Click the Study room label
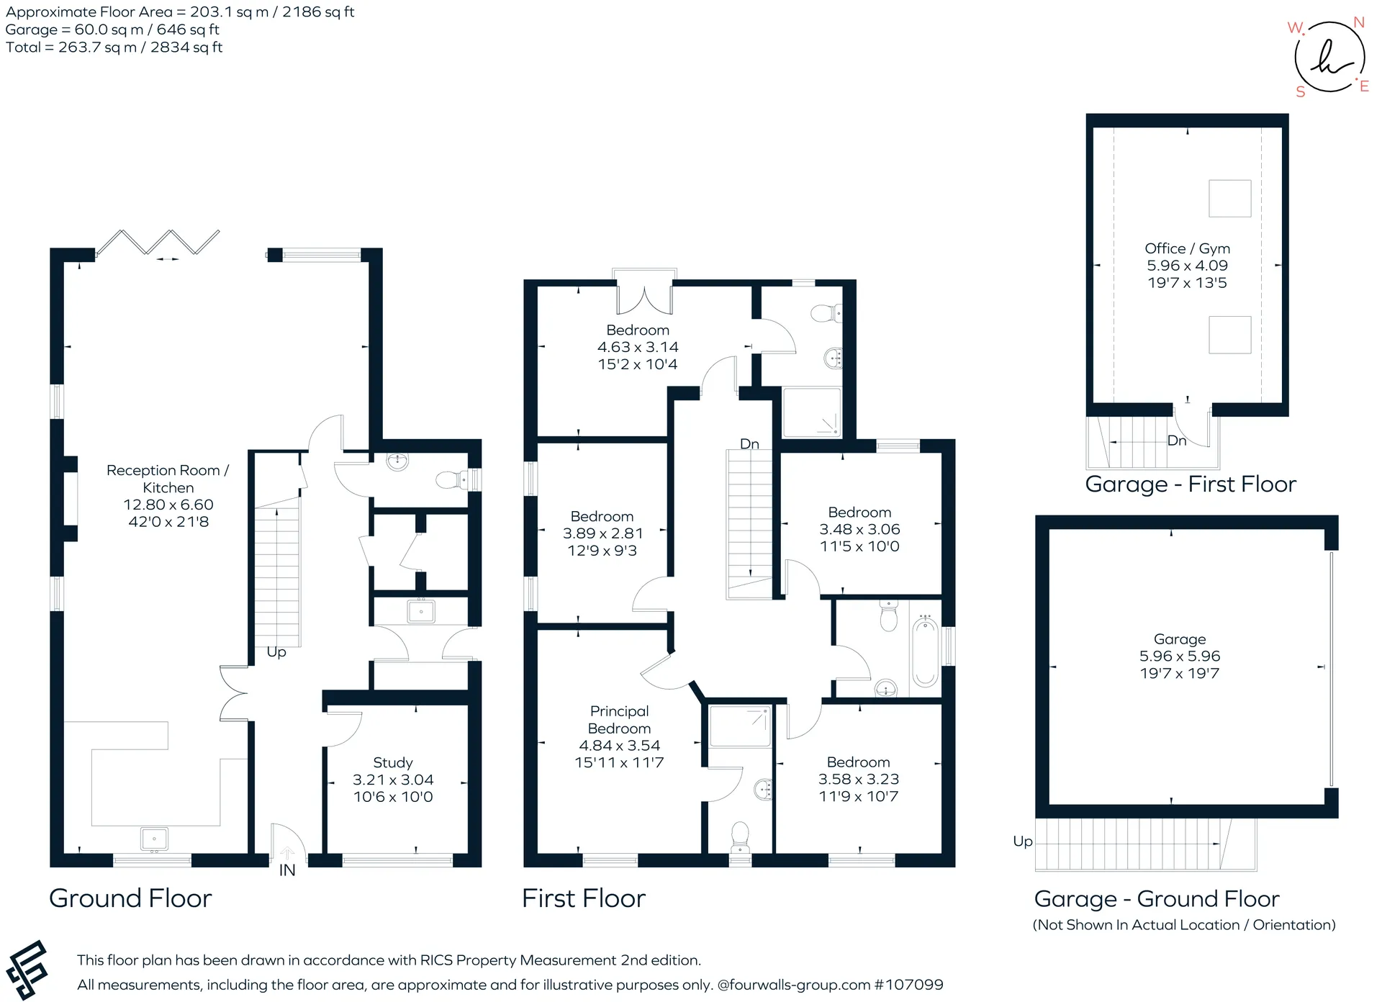tap(393, 762)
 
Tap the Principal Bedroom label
tap(619, 720)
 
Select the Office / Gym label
tap(1187, 248)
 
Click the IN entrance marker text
tap(287, 870)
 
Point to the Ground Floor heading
tap(130, 898)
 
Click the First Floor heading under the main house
tap(584, 898)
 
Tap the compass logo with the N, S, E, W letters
tap(1329, 57)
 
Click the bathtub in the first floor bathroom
tap(925, 652)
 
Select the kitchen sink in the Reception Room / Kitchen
tap(154, 839)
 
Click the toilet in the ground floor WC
tap(453, 479)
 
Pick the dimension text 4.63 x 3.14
tap(638, 347)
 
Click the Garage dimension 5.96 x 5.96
tap(1180, 656)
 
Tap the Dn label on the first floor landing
tap(750, 443)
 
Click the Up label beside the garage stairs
tap(1023, 841)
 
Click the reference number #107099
tap(908, 985)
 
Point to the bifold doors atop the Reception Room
tap(158, 243)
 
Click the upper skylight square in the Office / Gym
tap(1230, 198)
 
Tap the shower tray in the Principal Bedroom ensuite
tap(741, 726)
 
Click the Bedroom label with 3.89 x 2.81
tap(602, 517)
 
